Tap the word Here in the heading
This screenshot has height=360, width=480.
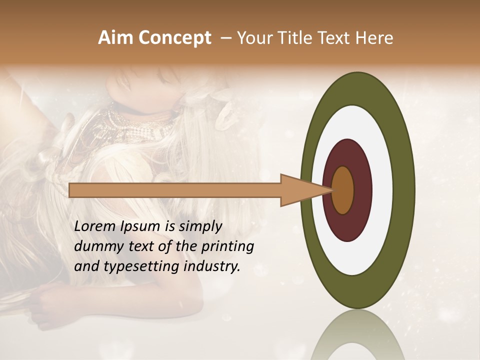click(375, 38)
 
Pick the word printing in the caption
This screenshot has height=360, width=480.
click(229, 246)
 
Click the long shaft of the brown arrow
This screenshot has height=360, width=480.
click(175, 190)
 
